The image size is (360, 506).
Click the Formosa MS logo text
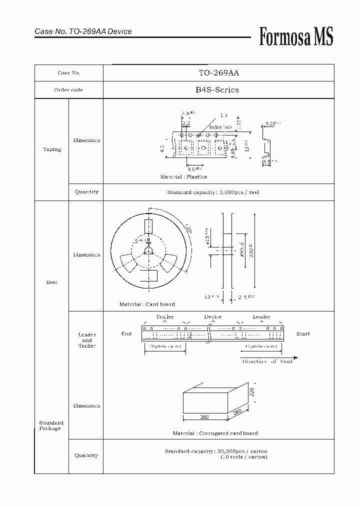(296, 36)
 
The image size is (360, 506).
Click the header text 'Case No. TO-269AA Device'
(83, 31)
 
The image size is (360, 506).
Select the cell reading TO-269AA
(218, 72)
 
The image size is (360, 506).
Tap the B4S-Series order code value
(217, 90)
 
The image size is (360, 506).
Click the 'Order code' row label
(68, 90)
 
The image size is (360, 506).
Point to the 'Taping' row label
(52, 149)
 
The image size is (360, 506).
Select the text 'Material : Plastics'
(183, 177)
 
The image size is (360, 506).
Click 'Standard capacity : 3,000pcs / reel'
(213, 192)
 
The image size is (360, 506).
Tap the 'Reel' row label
(52, 282)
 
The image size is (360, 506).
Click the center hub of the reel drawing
(148, 250)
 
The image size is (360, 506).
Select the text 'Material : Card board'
(147, 304)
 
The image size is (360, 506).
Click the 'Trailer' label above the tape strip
(164, 316)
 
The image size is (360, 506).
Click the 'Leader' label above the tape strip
(261, 316)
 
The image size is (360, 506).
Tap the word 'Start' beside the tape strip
(303, 333)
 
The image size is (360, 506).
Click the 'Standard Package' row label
(51, 425)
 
